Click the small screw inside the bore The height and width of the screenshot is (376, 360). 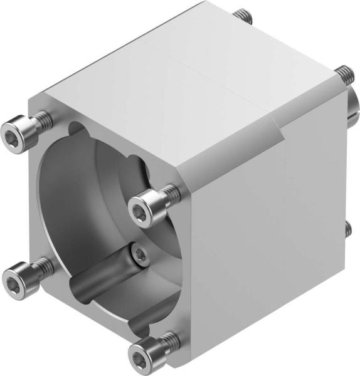(139, 254)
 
